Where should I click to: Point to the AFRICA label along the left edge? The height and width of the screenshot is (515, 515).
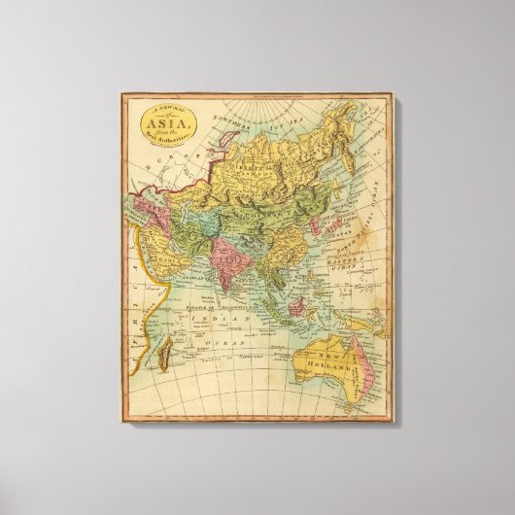pos(134,292)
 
